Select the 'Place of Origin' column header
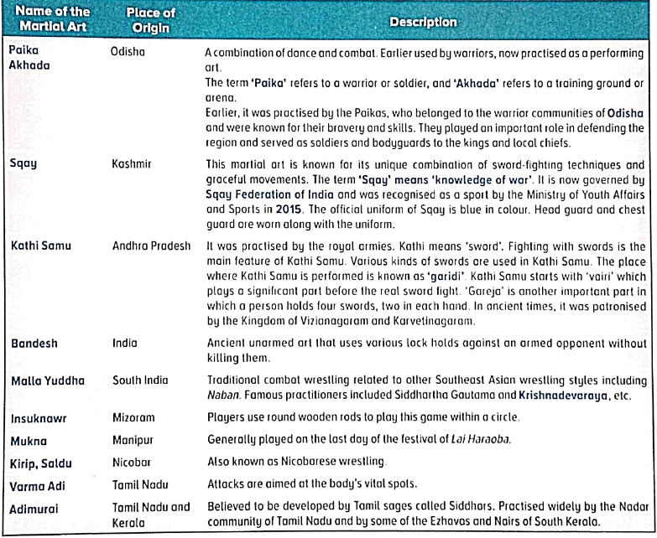[x=149, y=22]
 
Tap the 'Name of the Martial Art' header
[x=52, y=22]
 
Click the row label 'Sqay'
[x=23, y=164]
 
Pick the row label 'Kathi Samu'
[x=39, y=247]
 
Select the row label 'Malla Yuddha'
[x=47, y=380]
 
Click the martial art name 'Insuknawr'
[x=39, y=416]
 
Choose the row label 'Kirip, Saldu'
[x=41, y=461]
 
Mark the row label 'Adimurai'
[x=34, y=508]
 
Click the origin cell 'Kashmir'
[x=132, y=164]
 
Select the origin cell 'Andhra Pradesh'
[x=150, y=247]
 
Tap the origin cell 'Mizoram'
[x=134, y=416]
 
